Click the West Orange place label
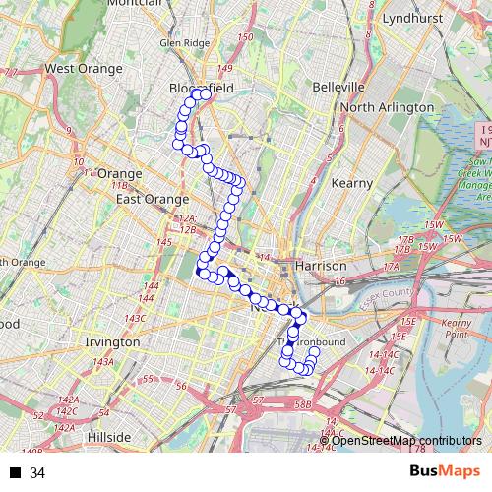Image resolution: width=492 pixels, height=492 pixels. click(84, 69)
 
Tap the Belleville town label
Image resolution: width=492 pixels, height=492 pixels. click(338, 87)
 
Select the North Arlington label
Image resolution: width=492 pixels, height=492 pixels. click(388, 107)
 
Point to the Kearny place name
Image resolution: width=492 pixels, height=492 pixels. click(352, 183)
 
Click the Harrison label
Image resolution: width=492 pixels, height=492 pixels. click(321, 266)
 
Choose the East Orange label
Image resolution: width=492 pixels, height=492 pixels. click(153, 199)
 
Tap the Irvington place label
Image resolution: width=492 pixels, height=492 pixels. click(112, 341)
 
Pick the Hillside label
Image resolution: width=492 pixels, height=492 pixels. click(108, 436)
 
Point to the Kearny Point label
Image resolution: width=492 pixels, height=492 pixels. click(458, 329)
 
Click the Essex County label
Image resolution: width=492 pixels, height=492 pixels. click(399, 292)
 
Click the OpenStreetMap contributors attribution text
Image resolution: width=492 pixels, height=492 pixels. click(406, 440)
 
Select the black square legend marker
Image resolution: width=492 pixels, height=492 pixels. click(15, 473)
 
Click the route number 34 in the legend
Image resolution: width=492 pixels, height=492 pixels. click(37, 473)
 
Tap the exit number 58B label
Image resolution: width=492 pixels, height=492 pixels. click(301, 403)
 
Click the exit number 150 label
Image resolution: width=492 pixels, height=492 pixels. click(245, 37)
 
